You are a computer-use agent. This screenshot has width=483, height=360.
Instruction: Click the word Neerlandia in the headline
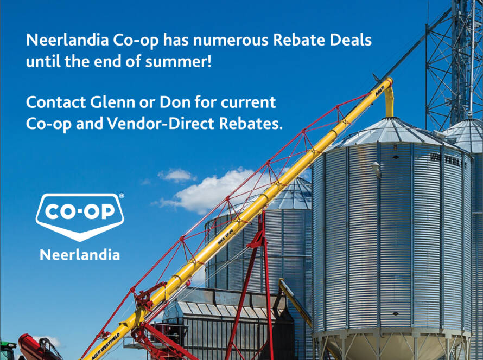[67, 40]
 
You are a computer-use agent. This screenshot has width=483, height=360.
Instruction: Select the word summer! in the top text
[179, 62]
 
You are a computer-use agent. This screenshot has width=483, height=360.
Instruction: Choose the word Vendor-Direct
[161, 124]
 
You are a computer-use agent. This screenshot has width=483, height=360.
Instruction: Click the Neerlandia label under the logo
[80, 255]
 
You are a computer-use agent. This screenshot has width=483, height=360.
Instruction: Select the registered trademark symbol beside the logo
[122, 196]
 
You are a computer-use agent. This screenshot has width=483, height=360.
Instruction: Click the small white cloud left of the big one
[177, 175]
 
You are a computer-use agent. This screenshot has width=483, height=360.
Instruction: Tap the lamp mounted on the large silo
[377, 169]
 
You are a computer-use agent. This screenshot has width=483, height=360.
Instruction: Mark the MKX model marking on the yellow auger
[225, 237]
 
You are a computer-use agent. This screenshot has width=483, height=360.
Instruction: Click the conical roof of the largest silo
[391, 132]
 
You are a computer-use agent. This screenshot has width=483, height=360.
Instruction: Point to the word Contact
[56, 102]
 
